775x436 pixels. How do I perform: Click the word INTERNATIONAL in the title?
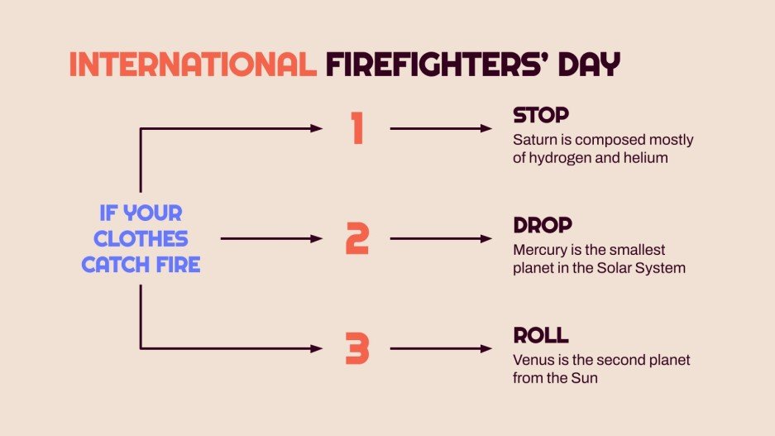click(x=192, y=65)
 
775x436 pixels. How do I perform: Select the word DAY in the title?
click(x=588, y=65)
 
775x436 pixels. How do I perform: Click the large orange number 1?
click(x=357, y=128)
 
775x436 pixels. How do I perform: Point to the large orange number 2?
click(x=357, y=238)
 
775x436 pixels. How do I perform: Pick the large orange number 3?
click(x=357, y=349)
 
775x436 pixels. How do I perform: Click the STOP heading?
click(x=541, y=115)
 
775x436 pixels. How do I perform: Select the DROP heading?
click(x=543, y=225)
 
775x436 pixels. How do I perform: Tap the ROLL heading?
click(x=541, y=335)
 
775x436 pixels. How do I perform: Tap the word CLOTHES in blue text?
click(x=141, y=239)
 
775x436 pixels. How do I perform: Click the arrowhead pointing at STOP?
click(x=486, y=128)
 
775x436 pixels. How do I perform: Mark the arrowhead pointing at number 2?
click(x=317, y=238)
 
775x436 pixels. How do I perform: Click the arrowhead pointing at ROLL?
click(x=486, y=349)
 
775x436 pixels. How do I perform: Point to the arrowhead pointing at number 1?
click(x=317, y=128)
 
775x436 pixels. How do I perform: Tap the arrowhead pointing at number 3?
click(x=317, y=349)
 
